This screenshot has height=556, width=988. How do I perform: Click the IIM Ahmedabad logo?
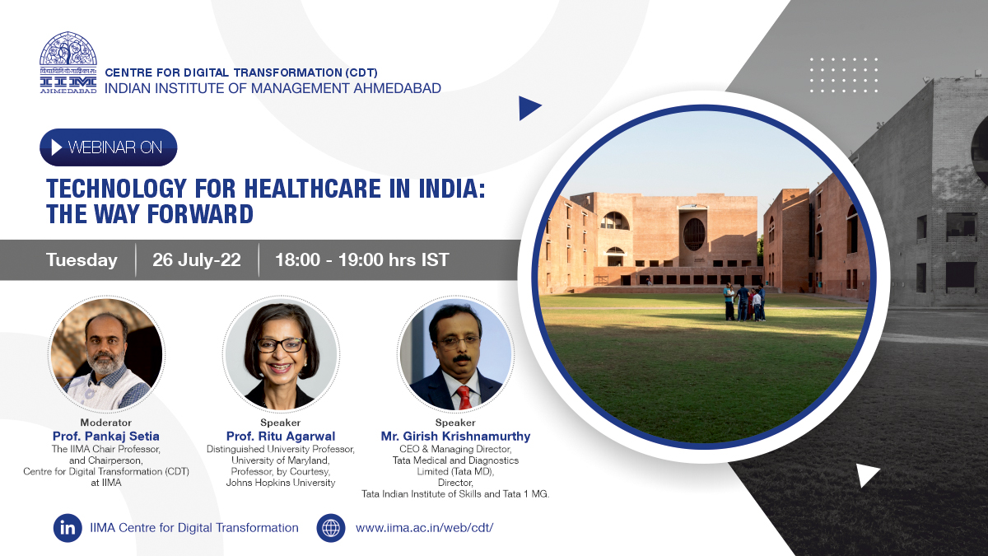(68, 63)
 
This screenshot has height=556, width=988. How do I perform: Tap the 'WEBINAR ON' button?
(109, 147)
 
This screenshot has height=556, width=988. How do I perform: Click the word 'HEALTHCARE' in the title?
(312, 189)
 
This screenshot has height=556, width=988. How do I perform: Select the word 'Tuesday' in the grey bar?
(82, 260)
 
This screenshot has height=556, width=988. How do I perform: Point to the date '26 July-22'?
(197, 260)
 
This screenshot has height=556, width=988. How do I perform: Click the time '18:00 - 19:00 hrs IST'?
(362, 260)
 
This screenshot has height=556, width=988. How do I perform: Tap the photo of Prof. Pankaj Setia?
(106, 354)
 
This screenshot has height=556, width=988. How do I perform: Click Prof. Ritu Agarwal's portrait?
(281, 354)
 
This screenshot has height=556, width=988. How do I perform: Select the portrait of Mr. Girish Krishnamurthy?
(455, 354)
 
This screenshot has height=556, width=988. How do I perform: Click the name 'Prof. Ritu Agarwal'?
(281, 436)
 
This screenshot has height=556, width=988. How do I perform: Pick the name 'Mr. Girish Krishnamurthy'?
(455, 436)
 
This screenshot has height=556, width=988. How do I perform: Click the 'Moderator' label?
(106, 423)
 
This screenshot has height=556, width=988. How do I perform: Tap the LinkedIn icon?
(68, 528)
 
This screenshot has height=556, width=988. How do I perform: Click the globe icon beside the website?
(331, 528)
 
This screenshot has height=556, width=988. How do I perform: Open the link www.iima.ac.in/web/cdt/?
(424, 528)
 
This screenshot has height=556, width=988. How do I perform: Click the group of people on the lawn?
(744, 301)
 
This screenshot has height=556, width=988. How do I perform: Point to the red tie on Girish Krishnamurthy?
(464, 397)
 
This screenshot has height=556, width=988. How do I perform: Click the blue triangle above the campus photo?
(530, 108)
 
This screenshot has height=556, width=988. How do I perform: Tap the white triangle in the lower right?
(868, 475)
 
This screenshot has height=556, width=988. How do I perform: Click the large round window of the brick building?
(694, 234)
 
